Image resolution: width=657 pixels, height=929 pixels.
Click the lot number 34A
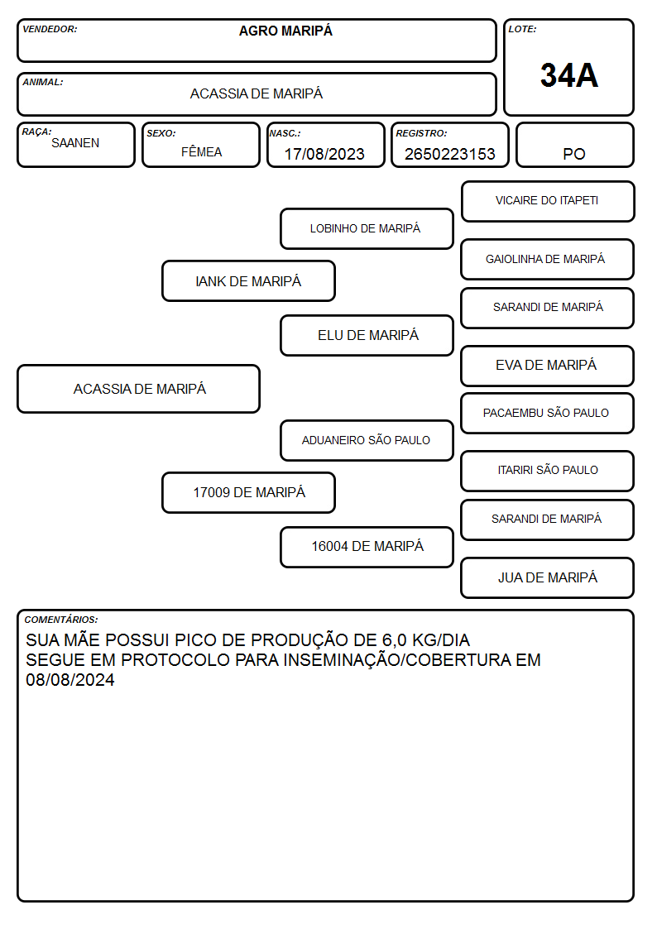[568, 75]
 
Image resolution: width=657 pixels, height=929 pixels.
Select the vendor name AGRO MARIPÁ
[285, 31]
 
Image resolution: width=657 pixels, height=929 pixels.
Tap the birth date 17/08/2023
[324, 154]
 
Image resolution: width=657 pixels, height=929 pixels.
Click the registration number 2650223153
[449, 154]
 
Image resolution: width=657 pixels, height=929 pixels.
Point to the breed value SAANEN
[75, 143]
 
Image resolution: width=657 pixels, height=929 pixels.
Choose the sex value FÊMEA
[201, 151]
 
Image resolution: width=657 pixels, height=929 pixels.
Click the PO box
[574, 145]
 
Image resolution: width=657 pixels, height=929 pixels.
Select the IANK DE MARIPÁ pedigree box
[248, 280]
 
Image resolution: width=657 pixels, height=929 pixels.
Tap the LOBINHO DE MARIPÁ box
[367, 228]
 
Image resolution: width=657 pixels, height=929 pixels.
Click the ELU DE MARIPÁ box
[367, 335]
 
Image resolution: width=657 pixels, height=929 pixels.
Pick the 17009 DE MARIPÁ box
[248, 492]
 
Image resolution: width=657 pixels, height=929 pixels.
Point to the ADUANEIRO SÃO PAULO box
[367, 440]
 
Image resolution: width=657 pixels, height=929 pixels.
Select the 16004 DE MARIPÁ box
[367, 547]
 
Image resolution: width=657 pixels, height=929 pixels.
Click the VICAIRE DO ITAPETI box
[548, 202]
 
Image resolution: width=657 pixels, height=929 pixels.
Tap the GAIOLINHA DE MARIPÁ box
[548, 259]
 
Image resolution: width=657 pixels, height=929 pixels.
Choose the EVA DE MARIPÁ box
[548, 366]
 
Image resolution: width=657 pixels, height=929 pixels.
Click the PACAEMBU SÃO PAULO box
[548, 413]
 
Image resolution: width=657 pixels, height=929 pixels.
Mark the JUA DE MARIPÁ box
[548, 577]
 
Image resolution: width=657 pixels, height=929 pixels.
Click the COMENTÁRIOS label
[61, 620]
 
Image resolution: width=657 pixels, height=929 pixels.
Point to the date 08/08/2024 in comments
[70, 679]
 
